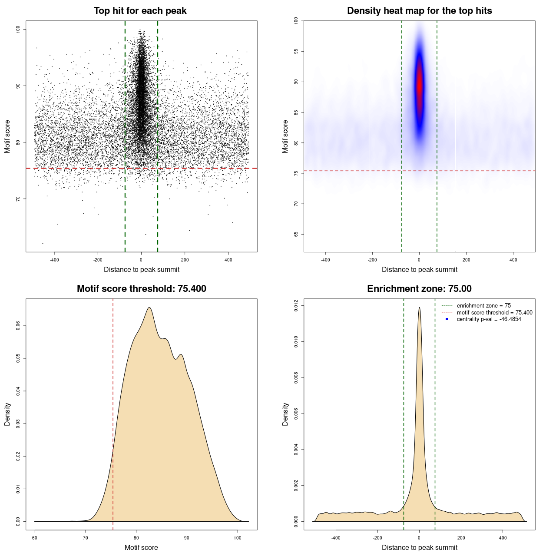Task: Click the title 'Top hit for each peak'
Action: click(140, 11)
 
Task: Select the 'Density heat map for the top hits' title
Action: click(419, 11)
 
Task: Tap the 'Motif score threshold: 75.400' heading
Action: click(141, 289)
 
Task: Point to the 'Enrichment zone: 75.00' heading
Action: click(419, 289)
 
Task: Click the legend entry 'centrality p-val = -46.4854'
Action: click(489, 319)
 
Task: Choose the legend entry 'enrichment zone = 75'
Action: click(483, 306)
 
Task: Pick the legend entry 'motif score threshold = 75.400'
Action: click(494, 312)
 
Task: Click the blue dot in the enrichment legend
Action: click(447, 319)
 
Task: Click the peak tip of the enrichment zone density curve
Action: click(419, 308)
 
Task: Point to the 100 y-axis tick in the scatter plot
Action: click(18, 29)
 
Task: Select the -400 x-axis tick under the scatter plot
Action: click(54, 260)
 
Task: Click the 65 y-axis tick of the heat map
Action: click(296, 234)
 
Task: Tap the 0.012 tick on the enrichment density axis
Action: click(296, 306)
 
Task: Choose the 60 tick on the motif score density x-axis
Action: click(35, 538)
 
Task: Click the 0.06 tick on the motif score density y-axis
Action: click(18, 326)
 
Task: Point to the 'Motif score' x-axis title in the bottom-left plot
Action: click(141, 547)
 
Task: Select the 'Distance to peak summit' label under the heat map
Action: click(419, 269)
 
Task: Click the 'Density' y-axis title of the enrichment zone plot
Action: click(285, 414)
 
